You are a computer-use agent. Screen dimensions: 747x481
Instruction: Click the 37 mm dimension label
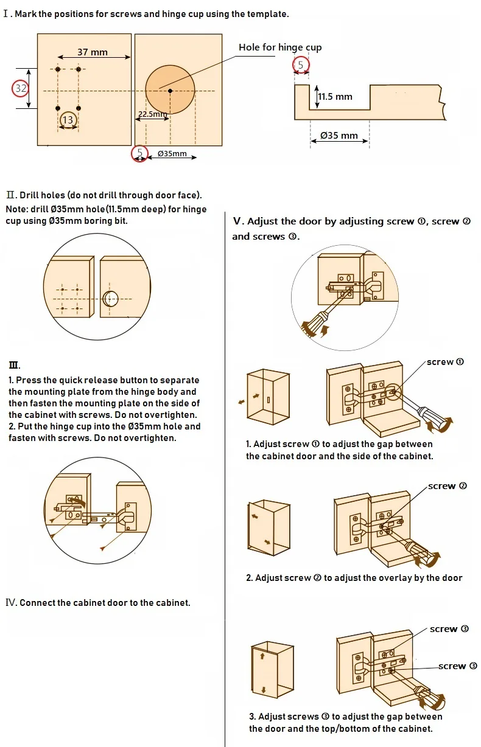93,52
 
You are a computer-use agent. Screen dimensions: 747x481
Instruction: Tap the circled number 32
21,88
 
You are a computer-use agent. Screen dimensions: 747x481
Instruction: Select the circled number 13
68,120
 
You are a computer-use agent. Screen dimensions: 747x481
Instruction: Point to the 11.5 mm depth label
335,97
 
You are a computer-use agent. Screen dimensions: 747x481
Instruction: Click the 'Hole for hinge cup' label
280,47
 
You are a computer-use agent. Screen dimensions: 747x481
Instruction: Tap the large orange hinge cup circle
170,90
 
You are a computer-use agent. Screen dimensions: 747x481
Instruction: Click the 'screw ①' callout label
445,362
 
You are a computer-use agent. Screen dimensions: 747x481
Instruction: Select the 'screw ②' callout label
448,486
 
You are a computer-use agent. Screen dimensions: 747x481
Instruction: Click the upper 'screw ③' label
449,629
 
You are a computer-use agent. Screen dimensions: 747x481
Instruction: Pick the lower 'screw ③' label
457,666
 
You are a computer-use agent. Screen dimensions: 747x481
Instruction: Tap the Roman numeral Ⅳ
11,603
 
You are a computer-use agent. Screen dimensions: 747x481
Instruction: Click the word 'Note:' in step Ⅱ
17,209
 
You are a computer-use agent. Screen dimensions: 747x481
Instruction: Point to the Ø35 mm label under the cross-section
339,135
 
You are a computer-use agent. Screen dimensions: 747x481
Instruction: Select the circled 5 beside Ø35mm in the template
140,153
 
